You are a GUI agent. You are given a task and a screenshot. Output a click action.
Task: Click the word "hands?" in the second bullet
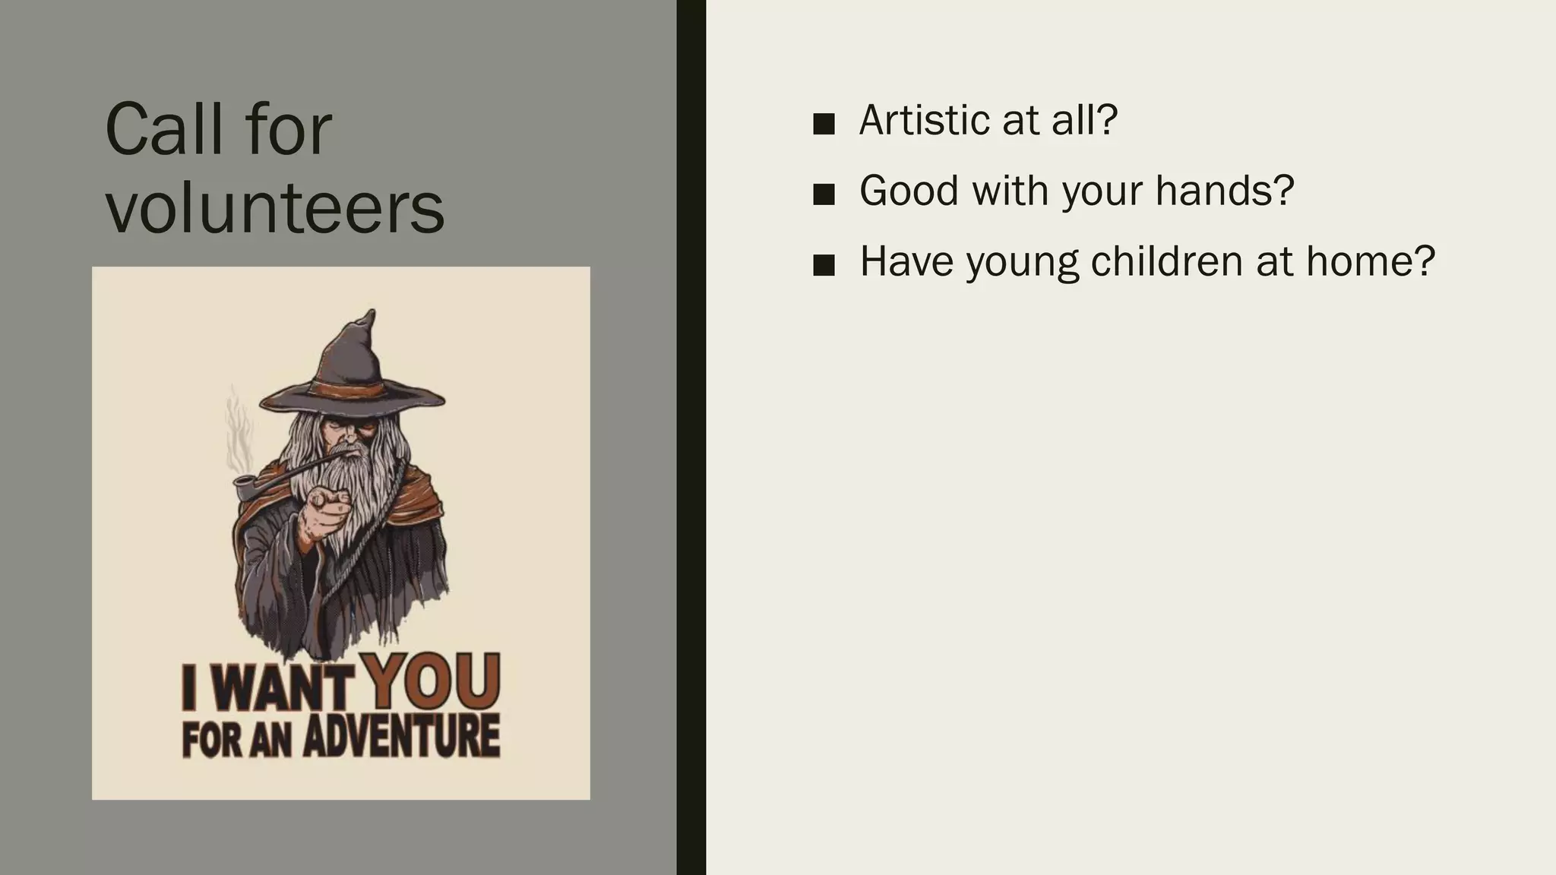click(1224, 191)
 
